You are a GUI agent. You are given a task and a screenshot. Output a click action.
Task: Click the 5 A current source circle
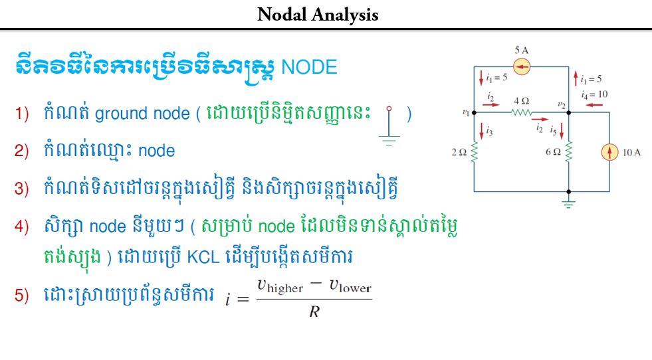pos(522,66)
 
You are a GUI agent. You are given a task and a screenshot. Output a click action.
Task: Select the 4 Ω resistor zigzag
pos(522,113)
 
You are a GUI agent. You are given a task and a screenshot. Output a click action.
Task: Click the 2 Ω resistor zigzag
pos(474,153)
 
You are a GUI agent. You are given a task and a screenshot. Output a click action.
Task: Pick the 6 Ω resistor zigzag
pos(569,153)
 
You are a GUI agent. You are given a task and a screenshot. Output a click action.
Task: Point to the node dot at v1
pos(474,113)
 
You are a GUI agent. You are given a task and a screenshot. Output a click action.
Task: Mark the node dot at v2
pos(569,113)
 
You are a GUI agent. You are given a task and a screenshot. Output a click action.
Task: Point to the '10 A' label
pos(631,153)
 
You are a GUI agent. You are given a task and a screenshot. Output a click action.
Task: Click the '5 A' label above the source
pos(522,50)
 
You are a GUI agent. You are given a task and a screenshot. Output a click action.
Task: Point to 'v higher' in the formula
pos(280,286)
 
